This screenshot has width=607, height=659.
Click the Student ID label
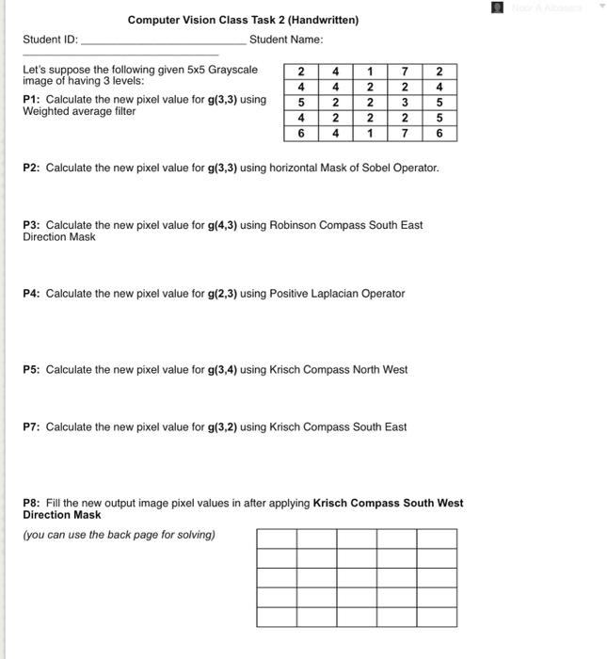click(51, 40)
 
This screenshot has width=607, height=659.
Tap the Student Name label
click(286, 40)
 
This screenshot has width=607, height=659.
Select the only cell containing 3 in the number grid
click(404, 102)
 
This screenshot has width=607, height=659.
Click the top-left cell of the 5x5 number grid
click(300, 71)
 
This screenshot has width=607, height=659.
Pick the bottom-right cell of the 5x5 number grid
click(439, 134)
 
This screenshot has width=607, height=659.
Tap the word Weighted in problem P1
click(46, 112)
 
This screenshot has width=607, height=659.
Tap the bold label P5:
click(32, 370)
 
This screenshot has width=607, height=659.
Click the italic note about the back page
click(119, 535)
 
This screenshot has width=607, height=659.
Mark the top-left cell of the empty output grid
click(277, 538)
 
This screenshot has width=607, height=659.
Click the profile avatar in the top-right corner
click(498, 8)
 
